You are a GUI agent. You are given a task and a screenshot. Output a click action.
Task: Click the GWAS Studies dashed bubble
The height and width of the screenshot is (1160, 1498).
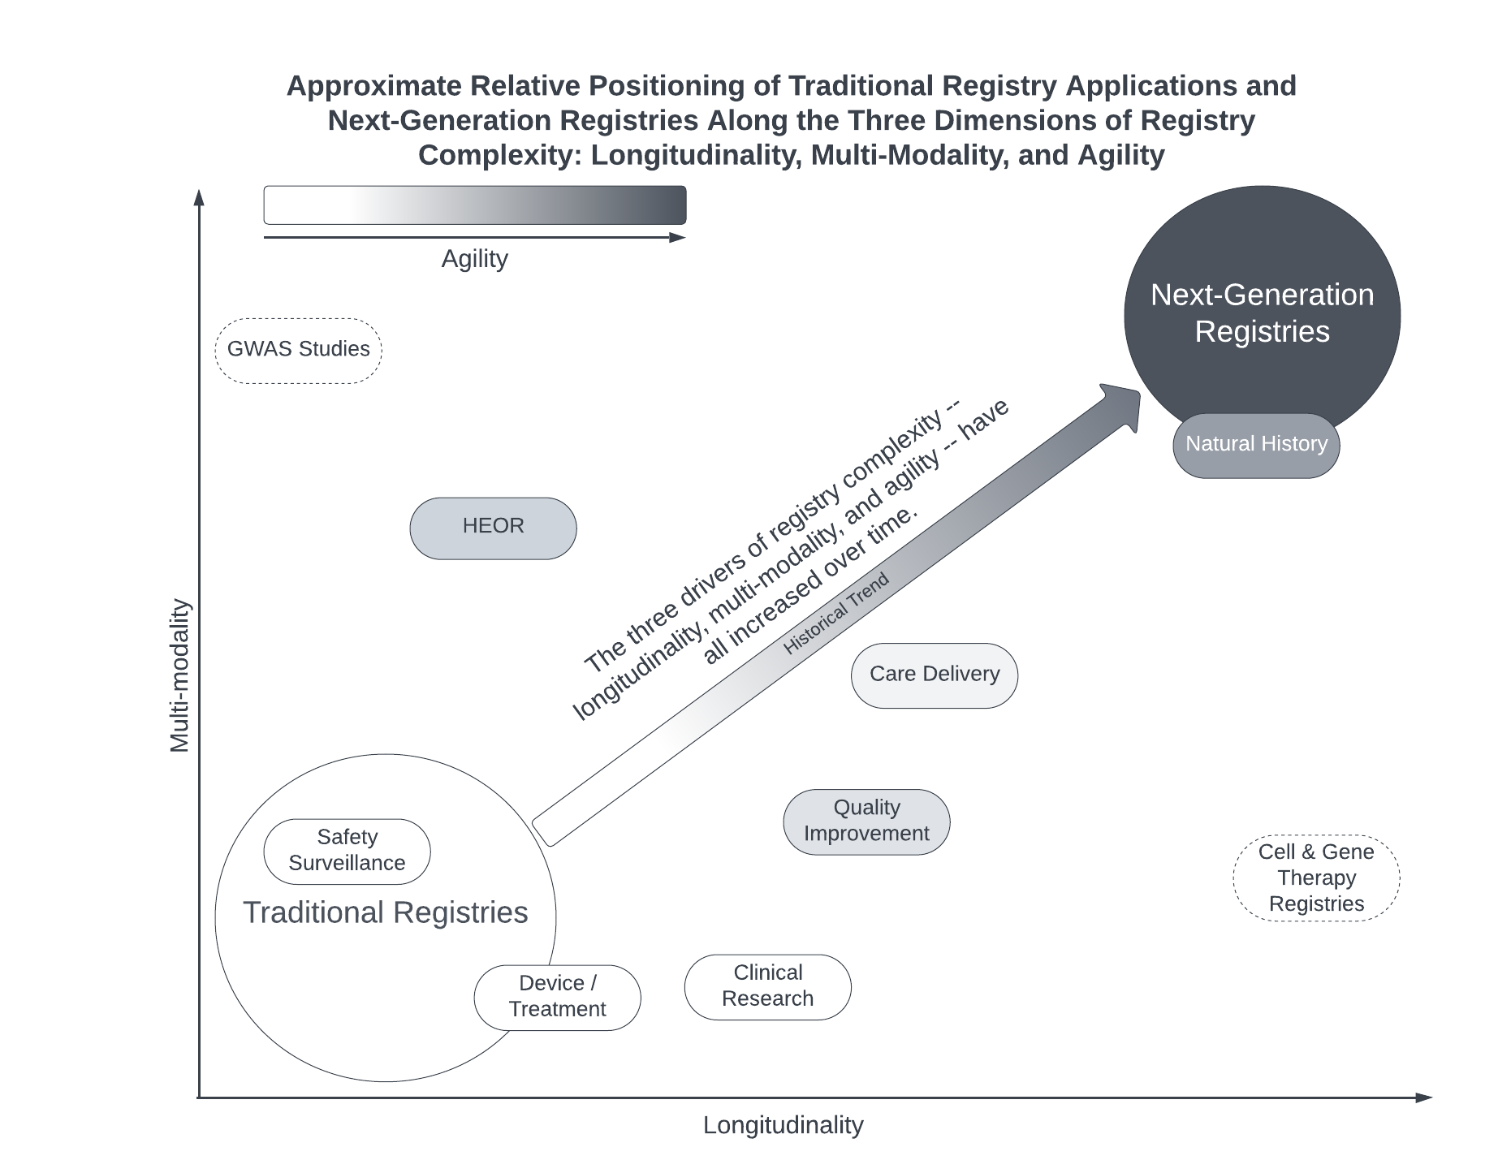click(298, 350)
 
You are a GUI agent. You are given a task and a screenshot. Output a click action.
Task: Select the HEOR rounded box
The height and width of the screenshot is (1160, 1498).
click(493, 528)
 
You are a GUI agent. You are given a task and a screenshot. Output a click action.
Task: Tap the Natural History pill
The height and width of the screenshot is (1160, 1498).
click(1255, 445)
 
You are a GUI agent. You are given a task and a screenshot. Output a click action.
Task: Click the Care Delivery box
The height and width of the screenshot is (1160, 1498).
click(934, 675)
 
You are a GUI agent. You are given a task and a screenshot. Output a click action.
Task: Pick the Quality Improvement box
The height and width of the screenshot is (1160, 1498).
click(866, 821)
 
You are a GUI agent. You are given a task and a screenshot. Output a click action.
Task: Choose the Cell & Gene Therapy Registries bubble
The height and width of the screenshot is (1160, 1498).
click(1315, 878)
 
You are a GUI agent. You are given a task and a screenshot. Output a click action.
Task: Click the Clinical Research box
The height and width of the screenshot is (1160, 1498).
click(767, 986)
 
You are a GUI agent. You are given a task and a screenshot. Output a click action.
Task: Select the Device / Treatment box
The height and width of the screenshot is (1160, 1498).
click(557, 997)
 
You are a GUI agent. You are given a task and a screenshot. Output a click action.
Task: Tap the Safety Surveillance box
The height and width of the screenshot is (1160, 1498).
click(347, 851)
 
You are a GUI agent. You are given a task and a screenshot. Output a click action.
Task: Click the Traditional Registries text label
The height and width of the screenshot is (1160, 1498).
click(385, 913)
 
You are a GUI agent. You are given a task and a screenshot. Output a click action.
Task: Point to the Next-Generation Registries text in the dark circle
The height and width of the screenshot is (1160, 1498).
click(1262, 313)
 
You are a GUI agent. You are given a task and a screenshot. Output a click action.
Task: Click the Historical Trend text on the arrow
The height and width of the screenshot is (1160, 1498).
click(835, 614)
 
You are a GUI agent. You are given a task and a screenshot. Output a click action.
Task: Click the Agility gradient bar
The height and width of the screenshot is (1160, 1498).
click(475, 205)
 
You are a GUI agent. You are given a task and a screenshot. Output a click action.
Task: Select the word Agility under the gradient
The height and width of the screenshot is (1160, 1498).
click(474, 259)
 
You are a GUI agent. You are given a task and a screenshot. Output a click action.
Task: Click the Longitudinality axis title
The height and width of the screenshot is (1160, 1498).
click(783, 1125)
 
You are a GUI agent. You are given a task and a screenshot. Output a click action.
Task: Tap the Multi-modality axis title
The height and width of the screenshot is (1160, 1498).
click(179, 675)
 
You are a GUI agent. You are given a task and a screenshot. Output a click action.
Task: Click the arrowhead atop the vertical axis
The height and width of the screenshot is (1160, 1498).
click(199, 197)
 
